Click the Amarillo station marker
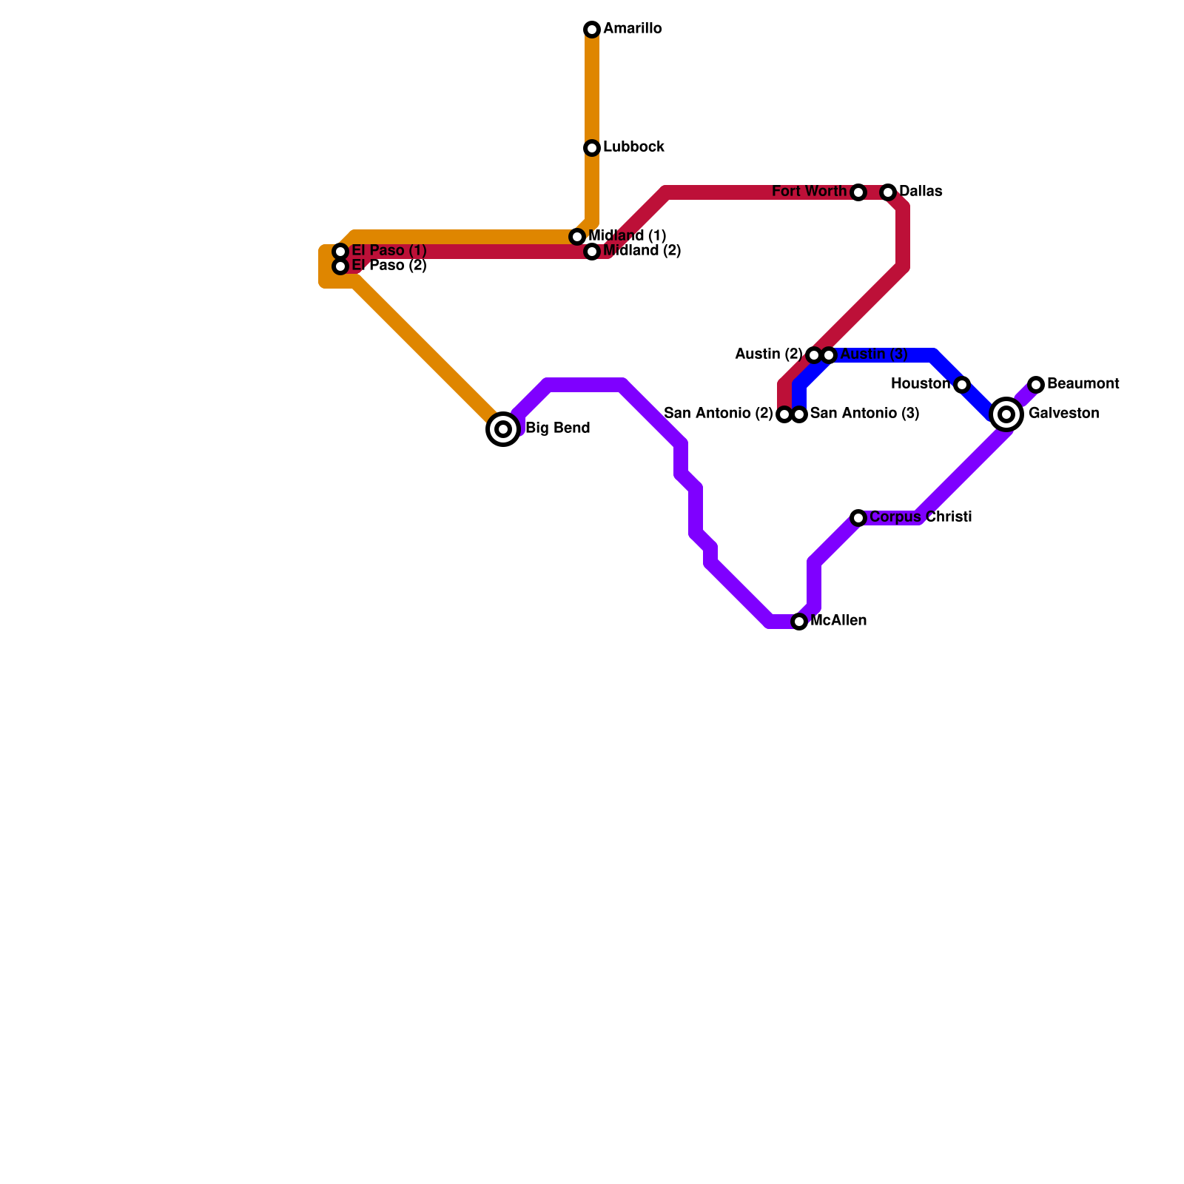(x=592, y=30)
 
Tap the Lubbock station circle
(x=592, y=148)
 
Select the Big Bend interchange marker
(x=503, y=429)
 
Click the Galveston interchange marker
(x=1006, y=414)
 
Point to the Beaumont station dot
(x=1036, y=385)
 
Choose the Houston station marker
(x=962, y=385)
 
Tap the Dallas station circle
(x=888, y=192)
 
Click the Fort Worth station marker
(x=858, y=192)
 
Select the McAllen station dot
(x=799, y=622)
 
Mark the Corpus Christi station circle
(x=858, y=518)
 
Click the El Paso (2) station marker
(x=340, y=266)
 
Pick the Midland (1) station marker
(x=577, y=237)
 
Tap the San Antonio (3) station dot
(x=799, y=414)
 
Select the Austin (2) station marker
(x=814, y=355)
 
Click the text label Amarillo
(x=633, y=29)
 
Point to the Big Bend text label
(x=557, y=428)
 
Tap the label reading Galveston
(x=1063, y=414)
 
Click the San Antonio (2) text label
(x=718, y=414)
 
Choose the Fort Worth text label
(x=809, y=192)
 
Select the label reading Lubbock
(x=633, y=147)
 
